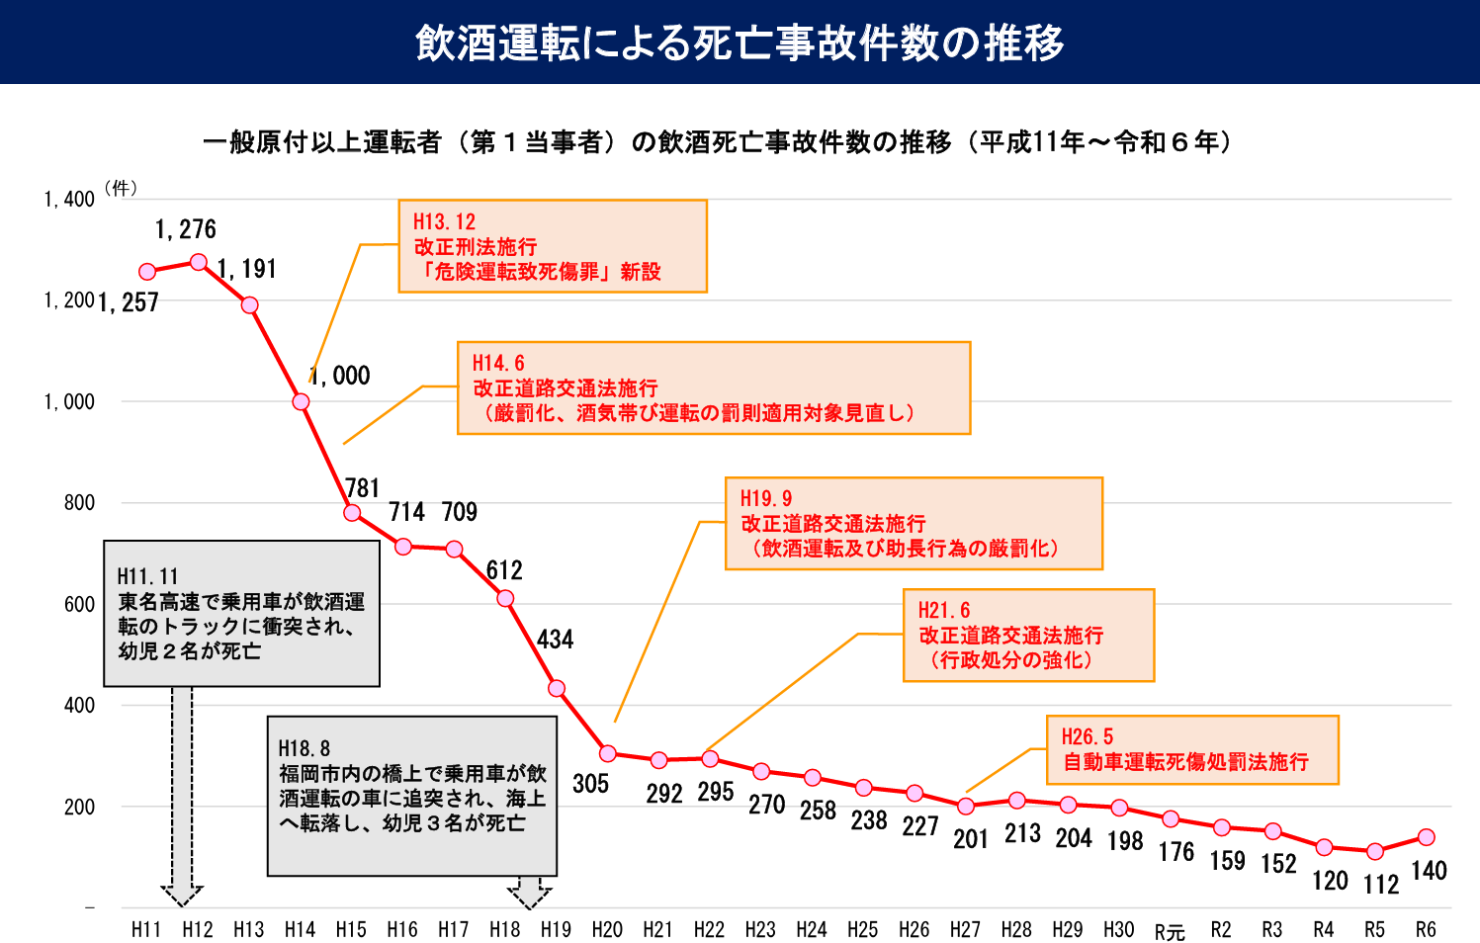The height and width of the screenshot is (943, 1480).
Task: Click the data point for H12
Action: click(x=199, y=262)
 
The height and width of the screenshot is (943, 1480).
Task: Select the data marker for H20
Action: click(x=608, y=754)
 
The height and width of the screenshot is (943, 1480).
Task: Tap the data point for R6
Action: click(x=1426, y=837)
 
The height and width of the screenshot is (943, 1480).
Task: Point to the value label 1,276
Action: click(x=186, y=230)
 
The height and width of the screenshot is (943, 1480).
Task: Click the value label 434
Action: click(x=555, y=640)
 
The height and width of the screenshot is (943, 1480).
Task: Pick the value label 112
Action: click(x=1381, y=885)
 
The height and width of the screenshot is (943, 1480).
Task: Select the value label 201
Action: click(x=971, y=839)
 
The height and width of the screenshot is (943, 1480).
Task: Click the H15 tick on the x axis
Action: click(x=351, y=930)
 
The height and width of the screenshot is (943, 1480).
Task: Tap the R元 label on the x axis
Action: click(x=1170, y=931)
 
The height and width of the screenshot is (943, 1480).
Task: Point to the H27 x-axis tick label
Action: click(x=965, y=930)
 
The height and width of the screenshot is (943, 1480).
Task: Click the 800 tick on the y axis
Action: click(x=79, y=503)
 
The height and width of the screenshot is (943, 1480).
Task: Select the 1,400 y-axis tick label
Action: click(x=69, y=200)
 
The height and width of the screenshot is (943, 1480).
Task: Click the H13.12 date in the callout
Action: click(x=444, y=222)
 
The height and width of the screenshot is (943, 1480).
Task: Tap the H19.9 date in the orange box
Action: click(x=766, y=499)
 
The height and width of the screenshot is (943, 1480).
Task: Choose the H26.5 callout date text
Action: click(x=1087, y=737)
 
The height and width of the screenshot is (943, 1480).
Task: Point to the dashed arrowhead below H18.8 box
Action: click(x=530, y=895)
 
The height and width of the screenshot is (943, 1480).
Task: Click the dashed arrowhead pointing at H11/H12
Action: click(x=182, y=895)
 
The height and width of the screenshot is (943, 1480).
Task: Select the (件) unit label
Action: click(x=121, y=188)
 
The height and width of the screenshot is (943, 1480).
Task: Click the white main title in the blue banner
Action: click(x=740, y=43)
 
